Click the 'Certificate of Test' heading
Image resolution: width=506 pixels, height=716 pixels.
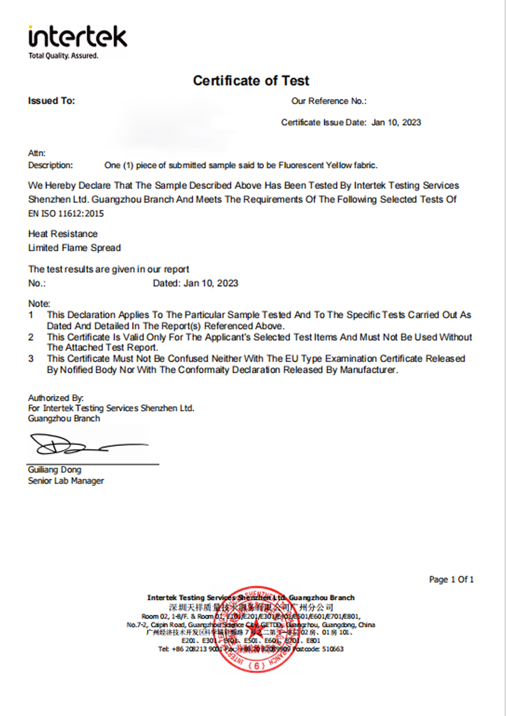click(251, 81)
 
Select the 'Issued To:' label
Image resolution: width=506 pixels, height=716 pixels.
click(51, 101)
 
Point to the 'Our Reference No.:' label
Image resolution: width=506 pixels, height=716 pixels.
click(329, 101)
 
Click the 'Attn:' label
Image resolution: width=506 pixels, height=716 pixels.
click(37, 153)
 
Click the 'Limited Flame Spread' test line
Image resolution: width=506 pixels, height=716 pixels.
click(74, 248)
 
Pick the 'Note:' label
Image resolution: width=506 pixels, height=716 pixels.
click(39, 304)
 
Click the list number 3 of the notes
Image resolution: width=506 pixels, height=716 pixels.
click(31, 359)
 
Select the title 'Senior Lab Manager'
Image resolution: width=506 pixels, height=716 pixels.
click(66, 481)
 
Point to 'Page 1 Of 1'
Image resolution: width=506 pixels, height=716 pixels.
click(451, 579)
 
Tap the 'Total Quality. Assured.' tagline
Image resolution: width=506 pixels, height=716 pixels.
click(63, 56)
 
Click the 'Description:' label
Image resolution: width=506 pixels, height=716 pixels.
click(51, 165)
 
